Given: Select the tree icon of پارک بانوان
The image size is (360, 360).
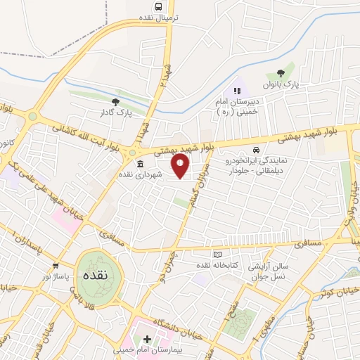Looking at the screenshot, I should tap(281, 72).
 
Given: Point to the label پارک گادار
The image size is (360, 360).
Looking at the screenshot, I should tap(115, 112).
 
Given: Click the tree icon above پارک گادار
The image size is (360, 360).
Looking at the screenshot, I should tap(115, 101).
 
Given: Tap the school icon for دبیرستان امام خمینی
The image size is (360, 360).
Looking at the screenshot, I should tap(237, 90).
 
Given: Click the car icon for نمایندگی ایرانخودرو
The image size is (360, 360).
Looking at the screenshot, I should tap(257, 150).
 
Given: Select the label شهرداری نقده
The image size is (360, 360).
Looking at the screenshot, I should tap(140, 174).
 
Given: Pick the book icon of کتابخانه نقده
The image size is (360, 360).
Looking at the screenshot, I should tap(217, 254).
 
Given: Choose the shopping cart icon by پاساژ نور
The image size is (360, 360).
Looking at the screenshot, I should tap(55, 266).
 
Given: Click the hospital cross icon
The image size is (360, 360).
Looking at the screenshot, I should tap(147, 340).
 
